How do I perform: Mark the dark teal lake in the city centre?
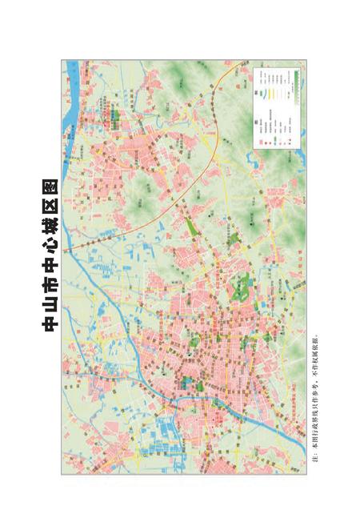tap(192, 382)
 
